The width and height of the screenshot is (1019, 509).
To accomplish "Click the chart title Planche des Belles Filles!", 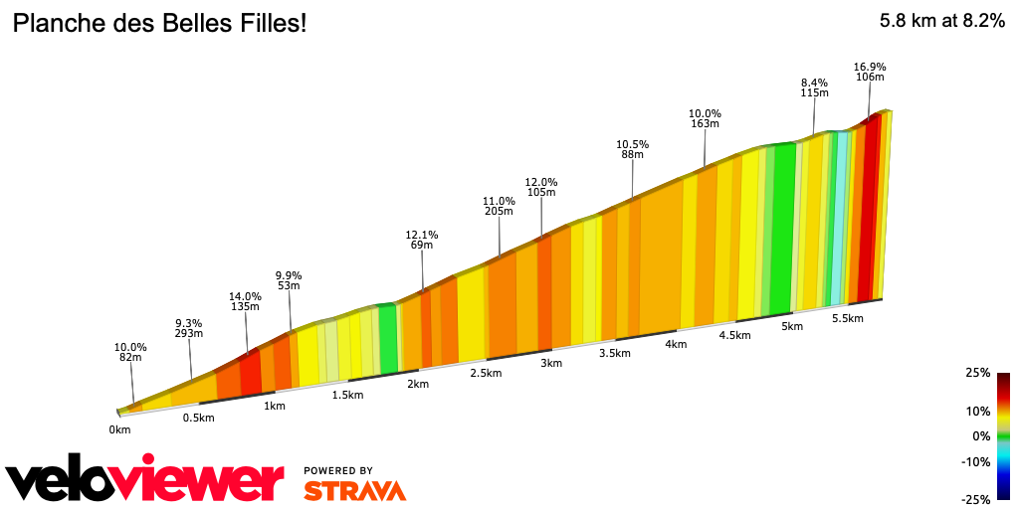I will click(159, 23).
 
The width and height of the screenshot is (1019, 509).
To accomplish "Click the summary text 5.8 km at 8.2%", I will click(941, 22).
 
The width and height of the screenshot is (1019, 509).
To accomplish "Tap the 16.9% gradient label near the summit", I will click(870, 68).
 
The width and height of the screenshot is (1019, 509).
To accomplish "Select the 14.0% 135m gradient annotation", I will click(245, 301).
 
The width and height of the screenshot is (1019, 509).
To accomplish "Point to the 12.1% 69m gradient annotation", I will click(422, 241).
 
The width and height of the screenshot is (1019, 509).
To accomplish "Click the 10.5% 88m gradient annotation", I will click(632, 149).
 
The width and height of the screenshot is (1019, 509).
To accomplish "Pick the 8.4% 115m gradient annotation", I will click(814, 87).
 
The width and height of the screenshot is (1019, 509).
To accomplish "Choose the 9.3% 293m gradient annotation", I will click(189, 328).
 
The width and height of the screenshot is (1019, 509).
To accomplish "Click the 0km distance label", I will click(119, 429).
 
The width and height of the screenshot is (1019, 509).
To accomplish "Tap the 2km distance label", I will click(418, 384).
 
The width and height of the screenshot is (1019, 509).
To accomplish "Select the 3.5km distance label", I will click(615, 353).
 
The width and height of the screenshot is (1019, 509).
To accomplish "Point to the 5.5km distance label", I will click(847, 318).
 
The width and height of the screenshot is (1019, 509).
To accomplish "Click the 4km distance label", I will click(677, 344).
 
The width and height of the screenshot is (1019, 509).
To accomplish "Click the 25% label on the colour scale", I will click(978, 373).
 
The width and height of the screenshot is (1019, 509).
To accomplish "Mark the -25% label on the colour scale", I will click(976, 499).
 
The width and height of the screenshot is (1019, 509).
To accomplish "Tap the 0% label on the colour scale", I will click(981, 436).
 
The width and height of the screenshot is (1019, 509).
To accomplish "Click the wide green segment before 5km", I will click(783, 229).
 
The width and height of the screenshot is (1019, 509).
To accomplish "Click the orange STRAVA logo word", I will click(354, 490).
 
